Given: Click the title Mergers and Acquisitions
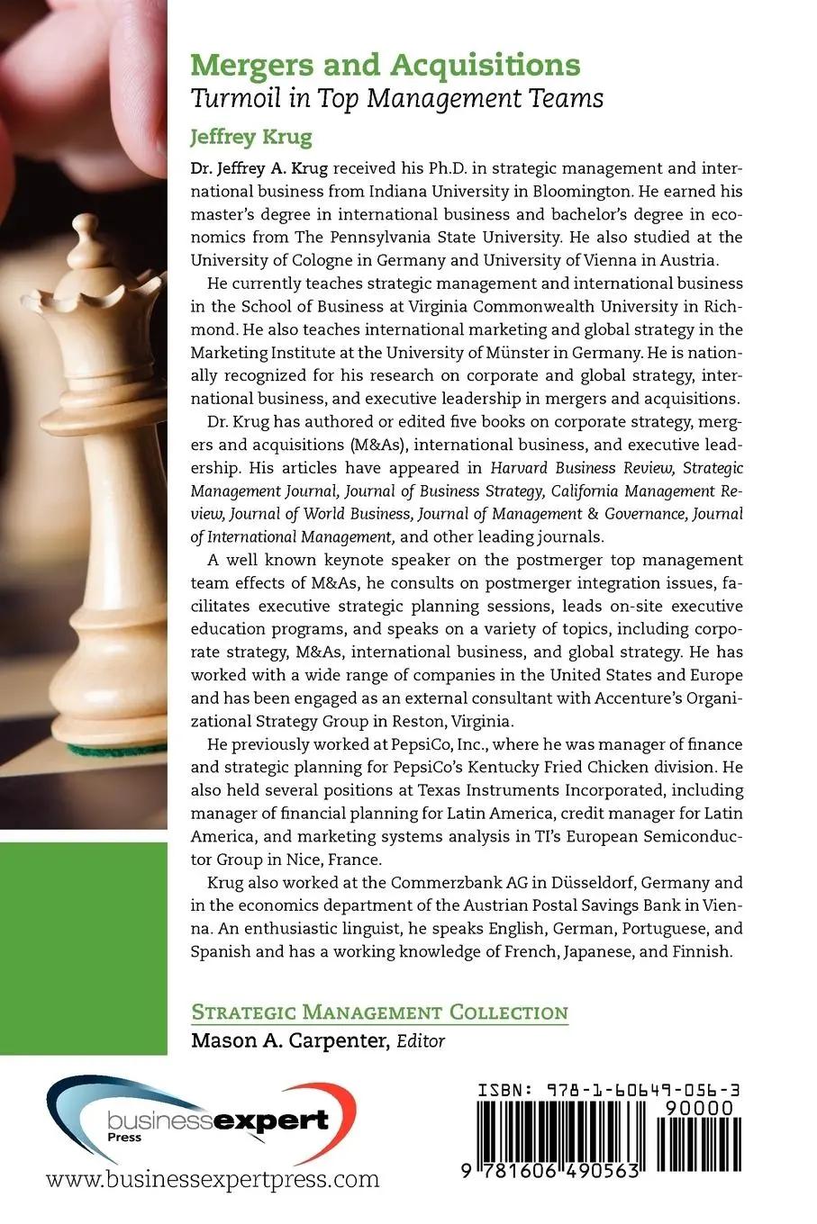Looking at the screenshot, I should (x=386, y=65).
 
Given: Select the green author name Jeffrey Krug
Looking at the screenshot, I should (x=250, y=137).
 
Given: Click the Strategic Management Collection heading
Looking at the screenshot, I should (x=379, y=1012).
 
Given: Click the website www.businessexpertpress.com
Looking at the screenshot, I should (x=213, y=1179).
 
